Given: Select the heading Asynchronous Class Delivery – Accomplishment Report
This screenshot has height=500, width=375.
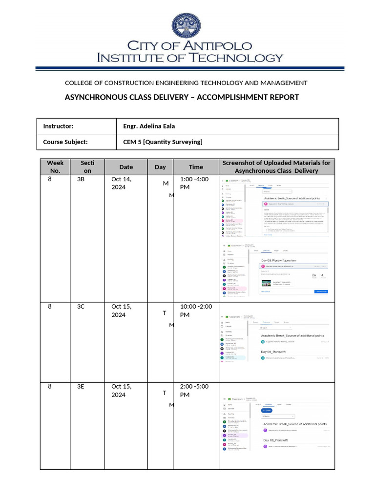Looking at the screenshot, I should [x=182, y=97].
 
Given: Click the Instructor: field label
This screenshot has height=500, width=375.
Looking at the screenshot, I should [x=58, y=126].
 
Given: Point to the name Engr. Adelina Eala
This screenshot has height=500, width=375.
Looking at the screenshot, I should [x=149, y=126].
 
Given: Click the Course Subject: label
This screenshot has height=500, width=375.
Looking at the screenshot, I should [x=65, y=142].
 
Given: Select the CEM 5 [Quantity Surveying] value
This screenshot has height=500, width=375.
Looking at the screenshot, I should [x=163, y=142].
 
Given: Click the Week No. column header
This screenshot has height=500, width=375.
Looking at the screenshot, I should [x=55, y=167].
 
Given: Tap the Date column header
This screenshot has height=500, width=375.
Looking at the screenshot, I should [x=125, y=167].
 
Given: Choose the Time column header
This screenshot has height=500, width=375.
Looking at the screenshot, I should [x=196, y=167].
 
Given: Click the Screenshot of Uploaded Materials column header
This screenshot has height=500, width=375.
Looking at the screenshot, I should [x=276, y=167].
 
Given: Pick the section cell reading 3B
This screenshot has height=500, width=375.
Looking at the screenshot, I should [x=81, y=179].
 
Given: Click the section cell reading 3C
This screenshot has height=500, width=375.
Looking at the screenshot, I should [x=81, y=306].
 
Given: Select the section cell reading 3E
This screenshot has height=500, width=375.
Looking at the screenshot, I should [x=81, y=386].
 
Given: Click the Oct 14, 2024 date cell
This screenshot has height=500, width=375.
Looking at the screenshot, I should [x=122, y=183].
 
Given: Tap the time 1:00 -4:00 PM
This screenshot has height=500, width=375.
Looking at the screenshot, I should [x=194, y=183].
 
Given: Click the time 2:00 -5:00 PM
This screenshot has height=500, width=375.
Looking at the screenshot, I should [x=194, y=390].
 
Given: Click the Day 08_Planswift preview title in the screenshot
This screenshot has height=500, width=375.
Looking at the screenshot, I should [x=279, y=260].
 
